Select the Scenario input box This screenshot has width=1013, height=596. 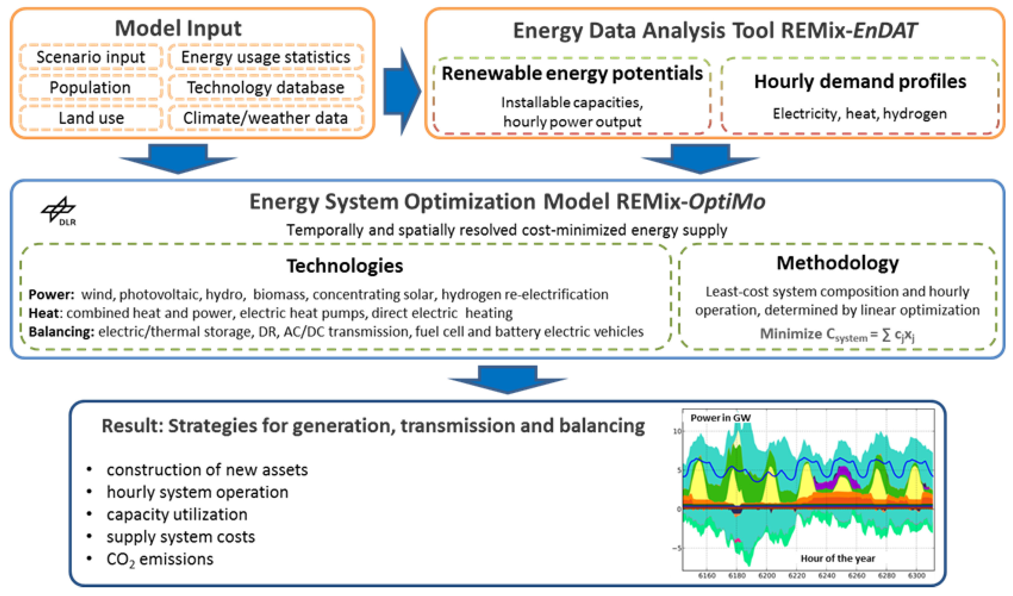(91, 57)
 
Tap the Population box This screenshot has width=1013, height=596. (90, 87)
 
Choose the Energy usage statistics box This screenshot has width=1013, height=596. (266, 57)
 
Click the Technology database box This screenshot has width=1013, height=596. (266, 87)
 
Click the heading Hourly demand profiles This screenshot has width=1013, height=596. (860, 82)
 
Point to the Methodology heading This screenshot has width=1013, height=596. (837, 263)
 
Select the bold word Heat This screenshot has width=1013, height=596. (43, 313)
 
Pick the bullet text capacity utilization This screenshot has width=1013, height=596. (177, 514)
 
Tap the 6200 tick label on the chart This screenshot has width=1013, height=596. (767, 576)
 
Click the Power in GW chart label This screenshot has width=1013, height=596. (720, 418)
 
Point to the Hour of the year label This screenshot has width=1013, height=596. (838, 559)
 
